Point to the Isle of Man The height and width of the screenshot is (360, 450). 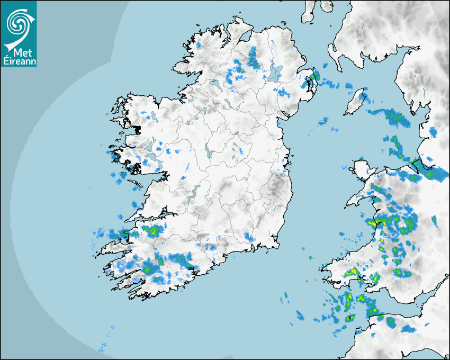click(x=354, y=102)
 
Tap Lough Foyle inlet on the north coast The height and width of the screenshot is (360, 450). click(x=246, y=39)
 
